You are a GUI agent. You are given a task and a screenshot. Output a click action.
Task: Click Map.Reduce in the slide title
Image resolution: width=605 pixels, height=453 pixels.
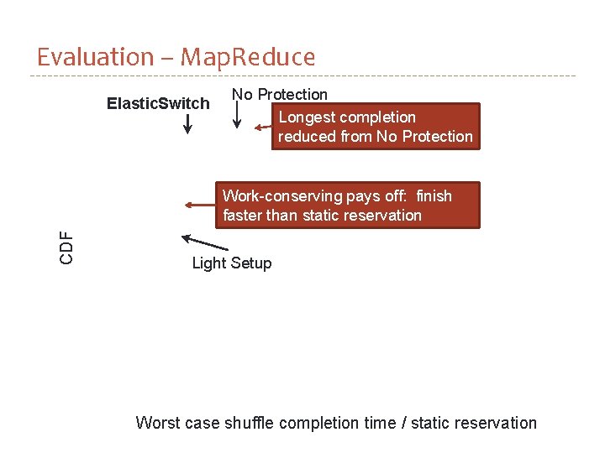point(248,57)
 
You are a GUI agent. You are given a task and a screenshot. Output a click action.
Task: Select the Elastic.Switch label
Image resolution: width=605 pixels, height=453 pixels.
point(158,103)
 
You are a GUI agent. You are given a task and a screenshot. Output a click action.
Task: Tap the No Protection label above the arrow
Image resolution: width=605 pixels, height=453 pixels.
point(280,94)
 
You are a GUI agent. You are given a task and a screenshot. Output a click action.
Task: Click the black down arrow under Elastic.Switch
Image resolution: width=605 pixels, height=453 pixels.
point(187,124)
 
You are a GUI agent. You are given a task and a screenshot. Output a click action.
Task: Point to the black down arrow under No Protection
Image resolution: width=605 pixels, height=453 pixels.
point(237,116)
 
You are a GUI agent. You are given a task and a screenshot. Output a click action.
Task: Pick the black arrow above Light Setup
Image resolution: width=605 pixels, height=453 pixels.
point(204,242)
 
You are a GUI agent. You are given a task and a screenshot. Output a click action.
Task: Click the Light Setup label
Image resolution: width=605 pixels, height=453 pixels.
point(232,263)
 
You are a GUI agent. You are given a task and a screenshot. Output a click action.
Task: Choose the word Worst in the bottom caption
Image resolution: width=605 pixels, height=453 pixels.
point(157,423)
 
